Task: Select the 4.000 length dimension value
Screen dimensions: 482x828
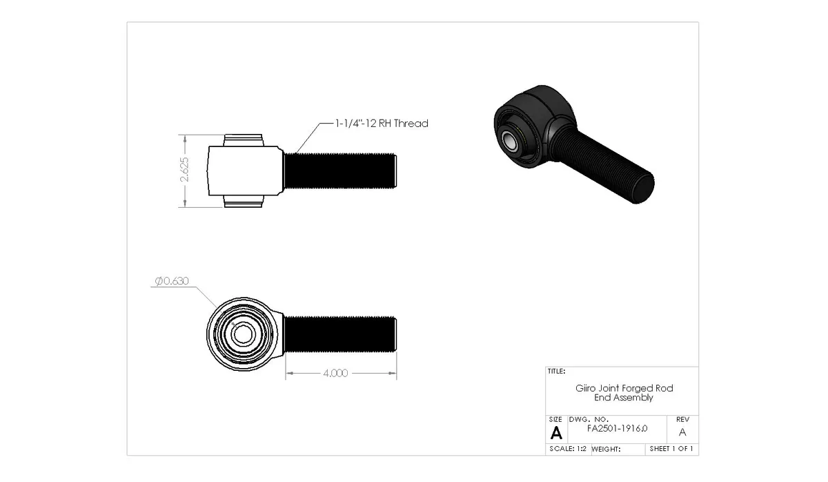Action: click(335, 373)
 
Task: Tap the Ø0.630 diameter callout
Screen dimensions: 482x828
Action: click(172, 281)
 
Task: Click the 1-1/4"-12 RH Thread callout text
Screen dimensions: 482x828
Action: click(382, 124)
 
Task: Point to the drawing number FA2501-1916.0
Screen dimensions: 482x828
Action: click(617, 428)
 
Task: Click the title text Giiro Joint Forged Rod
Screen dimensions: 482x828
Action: click(624, 388)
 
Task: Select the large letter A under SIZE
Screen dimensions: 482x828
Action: click(556, 433)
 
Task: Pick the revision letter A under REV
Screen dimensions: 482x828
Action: click(682, 432)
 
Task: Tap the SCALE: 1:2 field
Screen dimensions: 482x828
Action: click(567, 449)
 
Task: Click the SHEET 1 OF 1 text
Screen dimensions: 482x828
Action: click(671, 449)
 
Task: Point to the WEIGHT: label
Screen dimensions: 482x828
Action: click(607, 449)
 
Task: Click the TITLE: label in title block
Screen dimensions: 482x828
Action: click(557, 372)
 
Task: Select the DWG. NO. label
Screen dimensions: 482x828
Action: click(588, 419)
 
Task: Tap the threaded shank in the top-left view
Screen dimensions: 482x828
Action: click(339, 171)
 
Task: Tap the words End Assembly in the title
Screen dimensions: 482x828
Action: click(624, 398)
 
